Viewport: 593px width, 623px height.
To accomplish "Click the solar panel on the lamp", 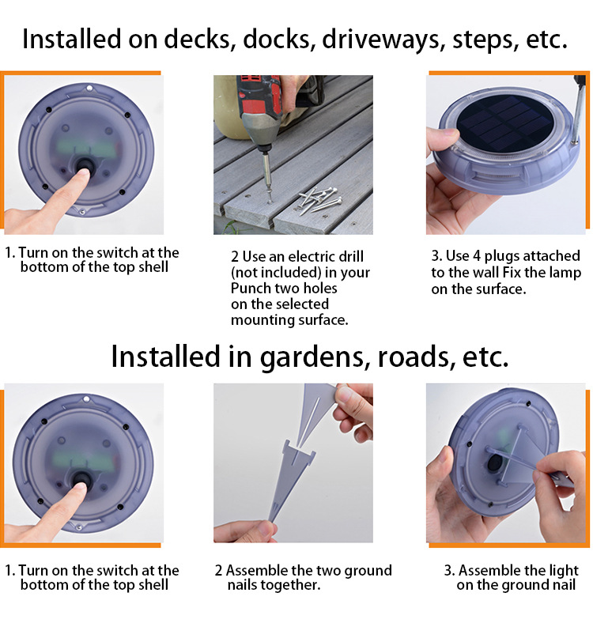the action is point(505,123).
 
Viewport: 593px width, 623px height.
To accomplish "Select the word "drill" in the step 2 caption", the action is point(350,257).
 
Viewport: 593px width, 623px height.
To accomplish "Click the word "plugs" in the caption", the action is point(502,257).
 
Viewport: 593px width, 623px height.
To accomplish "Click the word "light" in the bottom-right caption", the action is point(564,571).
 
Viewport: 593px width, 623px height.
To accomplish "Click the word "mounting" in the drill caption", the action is point(259,320).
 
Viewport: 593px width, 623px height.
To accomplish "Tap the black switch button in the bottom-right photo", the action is point(494,463).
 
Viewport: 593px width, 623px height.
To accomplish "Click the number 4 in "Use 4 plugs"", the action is point(477,256).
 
